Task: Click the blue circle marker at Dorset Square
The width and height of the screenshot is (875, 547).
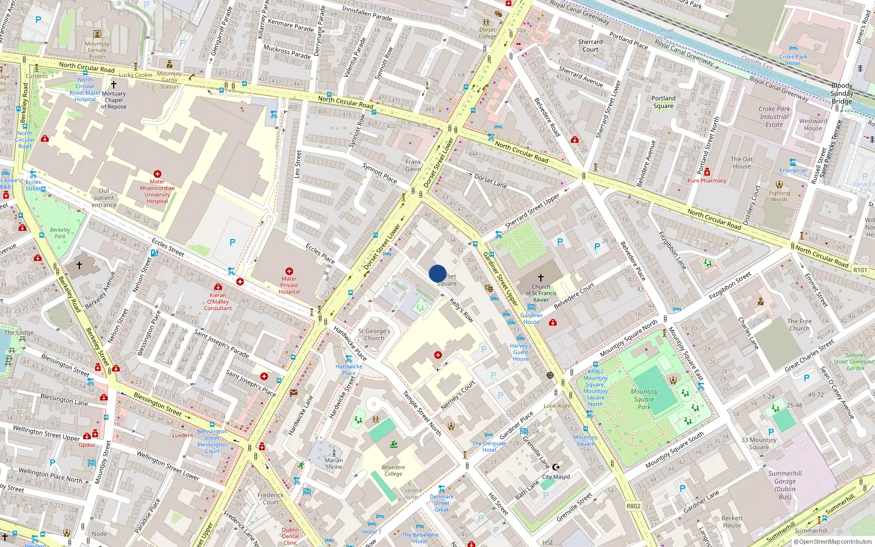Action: [437, 273]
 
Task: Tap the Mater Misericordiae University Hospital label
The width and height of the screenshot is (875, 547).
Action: [157, 191]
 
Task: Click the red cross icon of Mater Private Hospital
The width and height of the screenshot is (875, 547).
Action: [289, 271]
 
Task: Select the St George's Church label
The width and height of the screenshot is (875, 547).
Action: [374, 334]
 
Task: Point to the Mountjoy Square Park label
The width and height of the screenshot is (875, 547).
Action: [644, 399]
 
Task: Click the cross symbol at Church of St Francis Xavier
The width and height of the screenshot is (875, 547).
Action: [541, 278]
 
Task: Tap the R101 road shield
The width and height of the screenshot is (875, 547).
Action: [860, 270]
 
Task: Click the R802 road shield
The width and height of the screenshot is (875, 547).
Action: [633, 506]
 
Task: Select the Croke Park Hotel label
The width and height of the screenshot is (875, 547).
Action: [794, 60]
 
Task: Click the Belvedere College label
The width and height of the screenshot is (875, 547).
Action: [393, 470]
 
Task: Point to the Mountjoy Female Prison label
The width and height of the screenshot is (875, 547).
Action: [97, 50]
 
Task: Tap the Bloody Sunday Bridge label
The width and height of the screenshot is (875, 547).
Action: [842, 93]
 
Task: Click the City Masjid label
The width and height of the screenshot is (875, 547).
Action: [556, 476]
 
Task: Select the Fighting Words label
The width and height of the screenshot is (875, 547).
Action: [779, 196]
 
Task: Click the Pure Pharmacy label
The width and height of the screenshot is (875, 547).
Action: [707, 181]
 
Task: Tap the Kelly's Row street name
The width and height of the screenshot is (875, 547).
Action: [462, 310]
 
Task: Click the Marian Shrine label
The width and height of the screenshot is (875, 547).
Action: [334, 463]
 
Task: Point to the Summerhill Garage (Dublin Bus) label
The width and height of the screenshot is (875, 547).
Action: [785, 485]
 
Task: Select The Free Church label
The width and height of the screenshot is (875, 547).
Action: [800, 325]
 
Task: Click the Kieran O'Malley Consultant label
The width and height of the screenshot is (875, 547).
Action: [218, 301]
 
